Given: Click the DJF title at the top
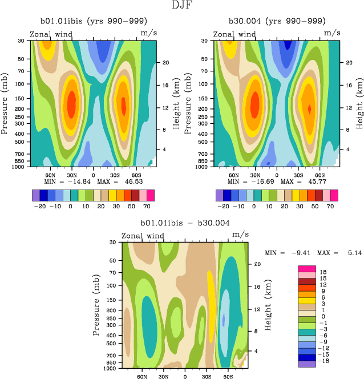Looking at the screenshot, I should point(182,6).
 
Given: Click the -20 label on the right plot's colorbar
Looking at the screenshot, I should point(223,207).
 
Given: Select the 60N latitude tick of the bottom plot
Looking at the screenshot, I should point(141,377).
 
